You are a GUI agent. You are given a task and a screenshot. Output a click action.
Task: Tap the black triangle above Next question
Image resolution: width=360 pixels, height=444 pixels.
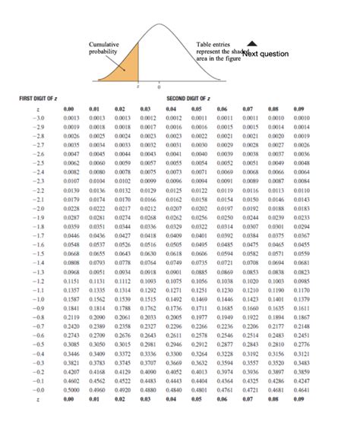[253, 43]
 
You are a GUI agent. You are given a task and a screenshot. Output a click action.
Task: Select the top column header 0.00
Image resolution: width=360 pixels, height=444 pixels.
[73, 109]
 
